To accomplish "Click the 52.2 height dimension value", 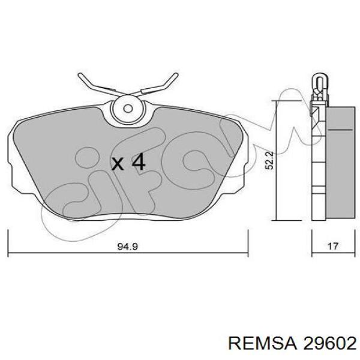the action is [269, 160].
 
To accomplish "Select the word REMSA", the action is [263, 344].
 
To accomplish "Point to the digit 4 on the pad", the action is [138, 162].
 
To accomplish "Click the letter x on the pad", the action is [118, 164].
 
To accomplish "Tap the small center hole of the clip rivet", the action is [128, 109].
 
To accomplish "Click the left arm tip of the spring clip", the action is [80, 75].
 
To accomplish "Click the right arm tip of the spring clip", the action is [176, 75].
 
